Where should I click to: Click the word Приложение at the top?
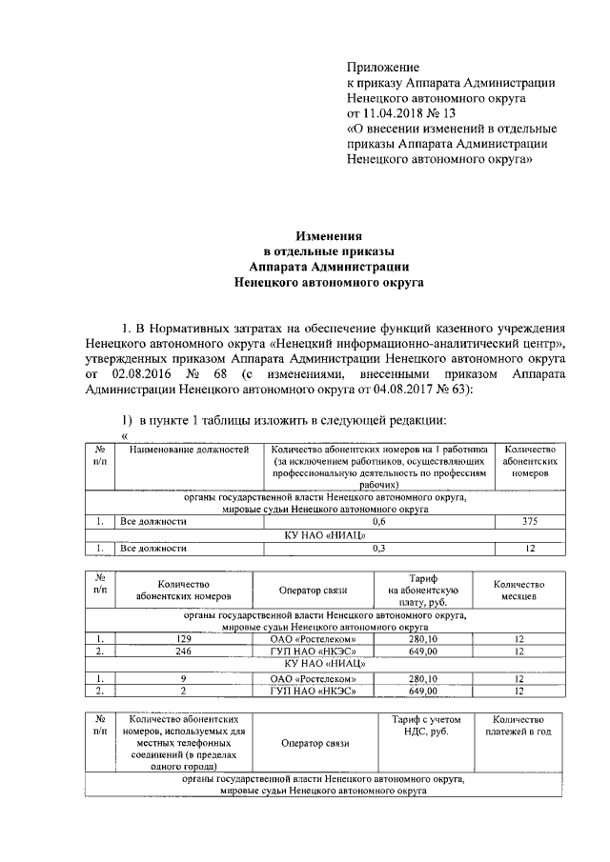tap(382, 68)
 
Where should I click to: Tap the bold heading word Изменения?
tap(329, 235)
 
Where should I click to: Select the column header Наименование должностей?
tap(190, 449)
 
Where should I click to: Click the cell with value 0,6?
tap(378, 521)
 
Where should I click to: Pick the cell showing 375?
tap(530, 521)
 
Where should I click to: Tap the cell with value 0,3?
tap(378, 548)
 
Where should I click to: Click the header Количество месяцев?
tap(518, 589)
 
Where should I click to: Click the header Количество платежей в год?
tap(518, 725)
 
